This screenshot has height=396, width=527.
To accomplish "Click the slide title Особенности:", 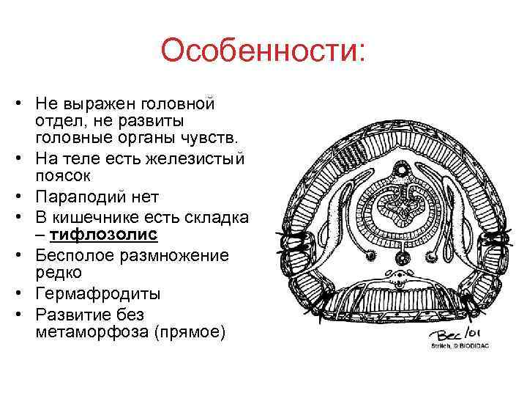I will point(263,52).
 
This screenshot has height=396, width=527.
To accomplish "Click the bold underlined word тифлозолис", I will point(103,234).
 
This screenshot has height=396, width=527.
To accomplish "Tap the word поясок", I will point(61,176).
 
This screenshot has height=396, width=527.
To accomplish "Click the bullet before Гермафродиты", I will point(23,294).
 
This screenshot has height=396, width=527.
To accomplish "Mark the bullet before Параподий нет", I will point(23,197).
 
